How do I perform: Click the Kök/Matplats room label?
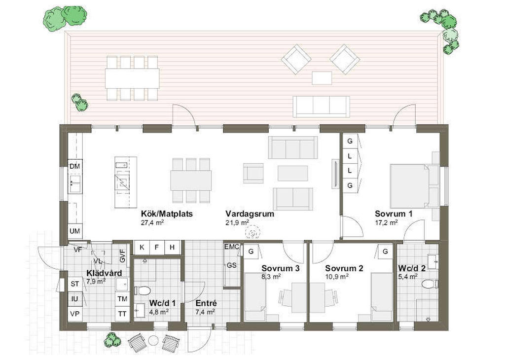point(167,214)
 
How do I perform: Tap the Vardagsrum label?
point(250,214)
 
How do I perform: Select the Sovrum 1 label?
point(394,214)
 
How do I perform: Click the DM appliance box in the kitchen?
point(75,167)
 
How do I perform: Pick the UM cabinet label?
point(75,231)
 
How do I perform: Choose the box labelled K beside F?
point(142,247)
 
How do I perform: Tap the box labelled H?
point(172,247)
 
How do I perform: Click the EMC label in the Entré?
point(232,247)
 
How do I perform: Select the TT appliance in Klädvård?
point(122,314)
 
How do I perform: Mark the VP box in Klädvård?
point(75,314)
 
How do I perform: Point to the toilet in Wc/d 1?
point(142,290)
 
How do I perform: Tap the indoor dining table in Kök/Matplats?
point(191,180)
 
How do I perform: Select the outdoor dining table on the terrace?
point(132,78)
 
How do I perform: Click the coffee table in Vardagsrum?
point(293,173)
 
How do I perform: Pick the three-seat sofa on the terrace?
point(321,107)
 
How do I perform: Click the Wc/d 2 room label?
point(412,268)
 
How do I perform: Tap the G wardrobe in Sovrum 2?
point(385,252)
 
